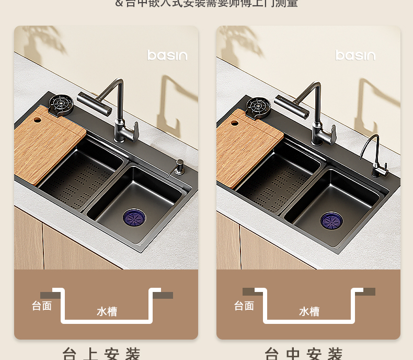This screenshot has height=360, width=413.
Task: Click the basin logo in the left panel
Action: pyautogui.click(x=167, y=55)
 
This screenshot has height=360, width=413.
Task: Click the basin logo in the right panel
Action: pyautogui.click(x=355, y=55)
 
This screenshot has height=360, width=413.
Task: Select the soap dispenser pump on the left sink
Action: pyautogui.click(x=179, y=167)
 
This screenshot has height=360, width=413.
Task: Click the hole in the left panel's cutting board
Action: pyautogui.click(x=38, y=120)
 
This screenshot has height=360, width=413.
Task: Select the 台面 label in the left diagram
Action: pyautogui.click(x=42, y=306)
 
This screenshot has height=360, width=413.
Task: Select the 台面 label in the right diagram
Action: pyautogui.click(x=244, y=306)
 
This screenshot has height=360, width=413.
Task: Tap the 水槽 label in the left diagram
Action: pyautogui.click(x=107, y=312)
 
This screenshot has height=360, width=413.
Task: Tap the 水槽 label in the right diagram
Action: pyautogui.click(x=309, y=312)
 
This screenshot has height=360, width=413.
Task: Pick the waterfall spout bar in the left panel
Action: pyautogui.click(x=95, y=104)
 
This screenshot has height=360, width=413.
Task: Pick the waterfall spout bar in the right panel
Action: pyautogui.click(x=291, y=107)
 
